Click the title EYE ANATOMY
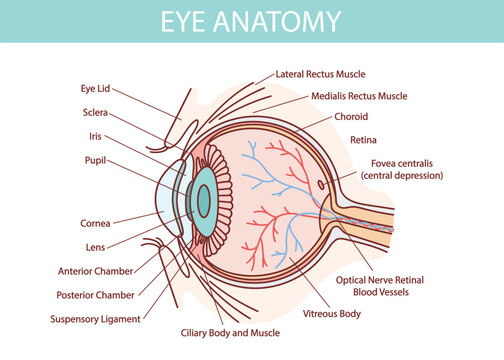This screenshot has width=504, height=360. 252,21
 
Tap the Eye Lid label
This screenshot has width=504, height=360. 95,88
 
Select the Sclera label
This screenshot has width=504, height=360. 95,113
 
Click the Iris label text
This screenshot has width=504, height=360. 95,136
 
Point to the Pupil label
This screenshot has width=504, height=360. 95,159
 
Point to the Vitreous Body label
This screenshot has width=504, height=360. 331,314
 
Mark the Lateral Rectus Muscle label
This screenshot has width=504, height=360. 320,73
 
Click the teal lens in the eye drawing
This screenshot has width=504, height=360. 203,201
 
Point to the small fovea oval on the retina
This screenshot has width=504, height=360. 320,184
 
